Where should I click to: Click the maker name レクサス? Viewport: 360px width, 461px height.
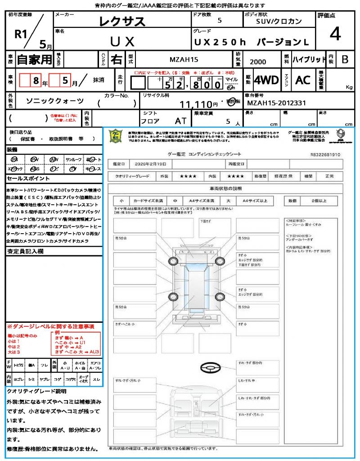[x=122, y=21]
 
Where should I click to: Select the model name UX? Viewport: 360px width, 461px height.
[x=122, y=41]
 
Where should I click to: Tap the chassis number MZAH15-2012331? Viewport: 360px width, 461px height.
[x=277, y=103]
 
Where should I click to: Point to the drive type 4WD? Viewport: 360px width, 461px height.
[x=266, y=80]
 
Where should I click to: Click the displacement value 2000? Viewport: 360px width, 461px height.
[x=258, y=62]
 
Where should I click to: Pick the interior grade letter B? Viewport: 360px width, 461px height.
[x=345, y=59]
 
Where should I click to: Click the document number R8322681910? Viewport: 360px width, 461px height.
[x=325, y=154]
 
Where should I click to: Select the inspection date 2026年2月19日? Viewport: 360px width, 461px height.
[x=149, y=164]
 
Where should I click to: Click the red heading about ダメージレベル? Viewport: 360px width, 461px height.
[x=50, y=326]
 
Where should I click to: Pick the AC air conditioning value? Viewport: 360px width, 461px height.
[x=303, y=80]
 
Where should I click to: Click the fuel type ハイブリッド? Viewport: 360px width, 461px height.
[x=309, y=59]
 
